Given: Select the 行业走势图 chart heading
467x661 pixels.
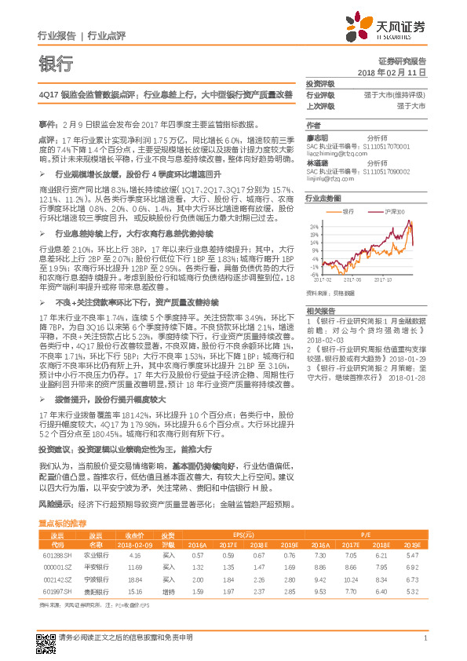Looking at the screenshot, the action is tap(323, 199).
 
